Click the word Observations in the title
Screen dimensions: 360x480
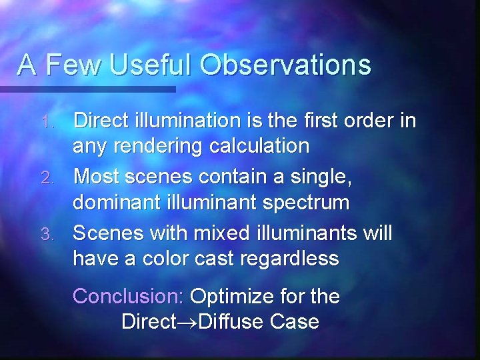[285, 65]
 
